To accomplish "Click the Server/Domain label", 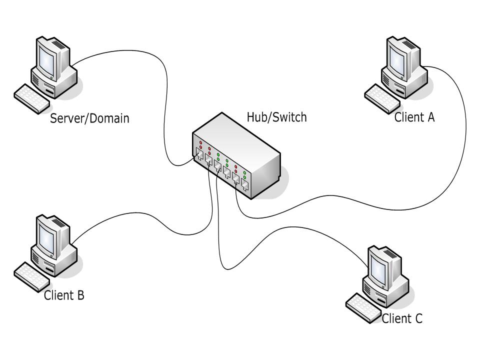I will pos(89,118).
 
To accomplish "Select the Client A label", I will pos(414,117).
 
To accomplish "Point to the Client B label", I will pos(64,295).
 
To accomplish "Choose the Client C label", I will pos(402,318).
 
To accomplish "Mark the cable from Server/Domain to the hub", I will pos(164,100).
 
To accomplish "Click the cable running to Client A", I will pos(465,140).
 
